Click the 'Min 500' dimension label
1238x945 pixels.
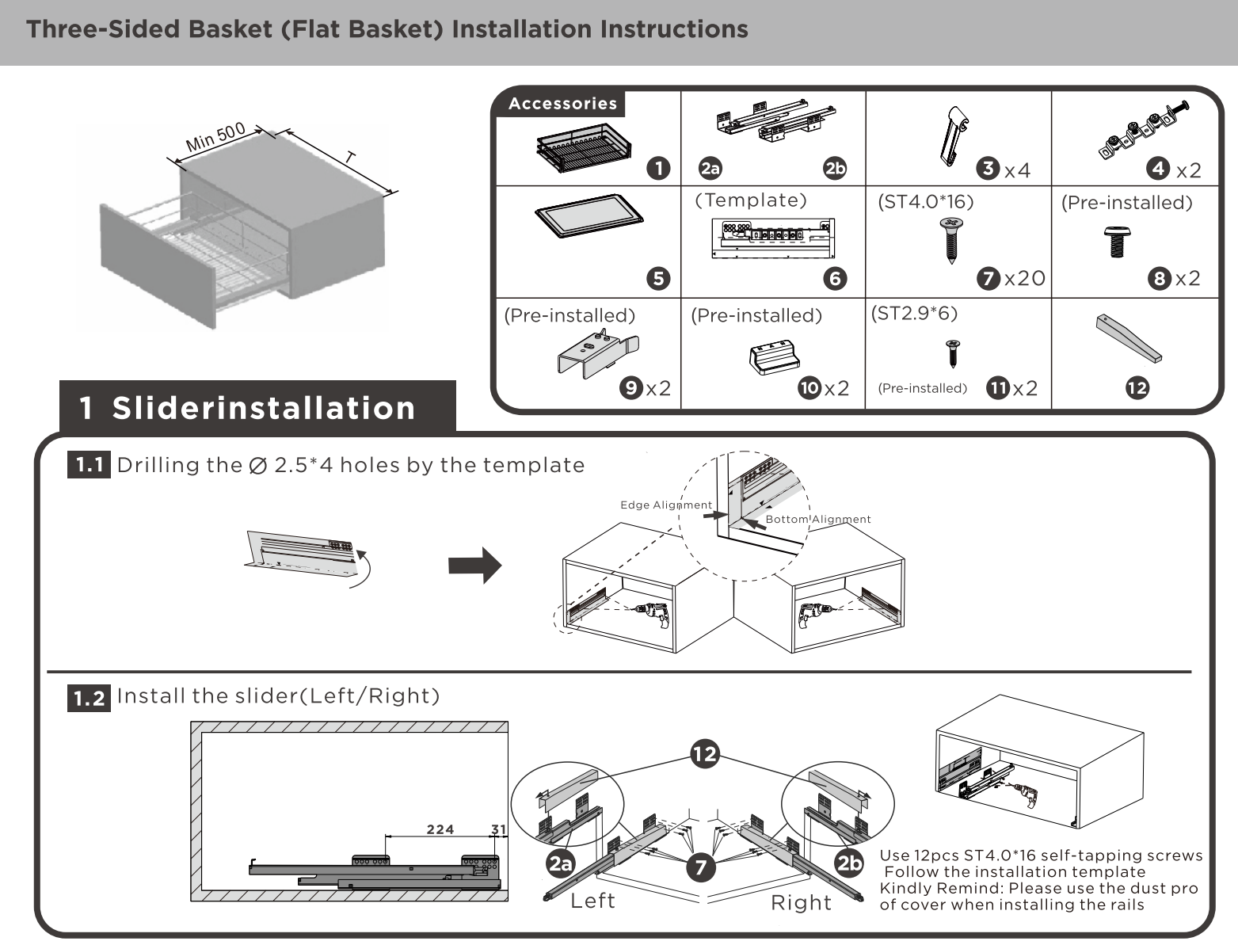tap(215, 138)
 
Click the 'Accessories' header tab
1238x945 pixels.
tap(562, 104)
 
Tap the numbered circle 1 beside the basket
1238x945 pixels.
tap(658, 169)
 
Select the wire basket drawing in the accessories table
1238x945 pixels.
tap(584, 147)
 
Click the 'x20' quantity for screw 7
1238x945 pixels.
tap(1025, 278)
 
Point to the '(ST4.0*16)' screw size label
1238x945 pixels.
tap(925, 202)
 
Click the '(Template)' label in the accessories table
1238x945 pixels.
tap(750, 200)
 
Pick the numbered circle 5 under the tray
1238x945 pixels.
tap(658, 278)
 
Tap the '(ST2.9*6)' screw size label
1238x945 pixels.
tap(914, 313)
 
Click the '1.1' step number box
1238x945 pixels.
tap(90, 465)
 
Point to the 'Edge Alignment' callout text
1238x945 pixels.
tap(666, 505)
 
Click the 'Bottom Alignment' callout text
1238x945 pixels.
tap(818, 520)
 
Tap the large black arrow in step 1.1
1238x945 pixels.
tap(474, 566)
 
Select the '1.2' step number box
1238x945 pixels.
tap(90, 698)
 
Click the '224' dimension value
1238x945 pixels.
tap(440, 829)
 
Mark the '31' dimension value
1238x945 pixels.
tap(498, 829)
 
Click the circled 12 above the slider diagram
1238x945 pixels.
tap(704, 753)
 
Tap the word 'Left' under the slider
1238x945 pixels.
tap(592, 901)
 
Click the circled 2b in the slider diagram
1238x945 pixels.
tap(849, 863)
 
